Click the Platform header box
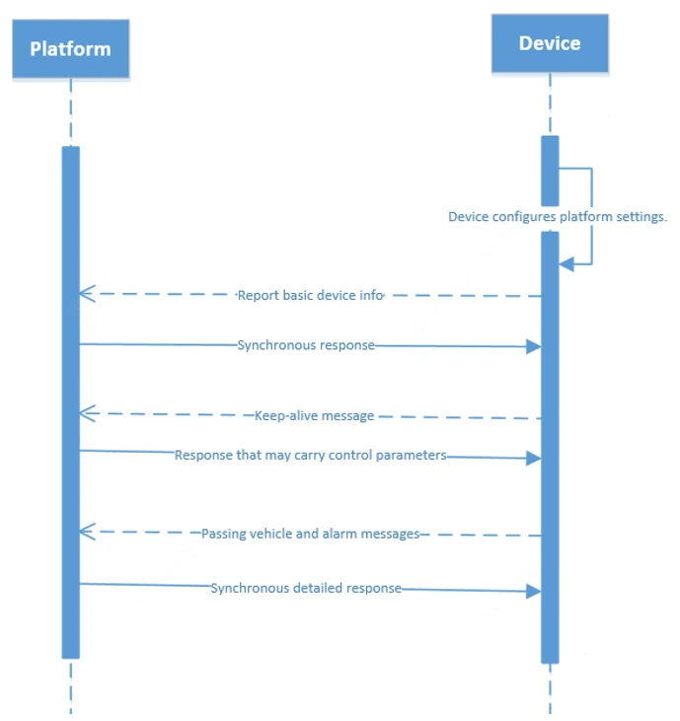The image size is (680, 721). click(70, 49)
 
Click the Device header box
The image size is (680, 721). click(550, 43)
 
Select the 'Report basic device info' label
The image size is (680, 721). click(310, 295)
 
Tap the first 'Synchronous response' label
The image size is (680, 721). click(306, 345)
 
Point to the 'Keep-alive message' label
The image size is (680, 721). click(314, 415)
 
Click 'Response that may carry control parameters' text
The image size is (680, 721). click(311, 455)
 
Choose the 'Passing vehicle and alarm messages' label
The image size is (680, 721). click(311, 534)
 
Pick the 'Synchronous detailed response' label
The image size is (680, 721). click(306, 588)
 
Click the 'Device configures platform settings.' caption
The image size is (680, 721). click(558, 216)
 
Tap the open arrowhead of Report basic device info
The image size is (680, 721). click(85, 293)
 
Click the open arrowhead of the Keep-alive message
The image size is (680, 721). click(85, 411)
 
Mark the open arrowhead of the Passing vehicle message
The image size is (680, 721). click(85, 532)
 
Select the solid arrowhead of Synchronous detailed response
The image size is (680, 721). click(533, 591)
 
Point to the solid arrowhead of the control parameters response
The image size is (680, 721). click(533, 458)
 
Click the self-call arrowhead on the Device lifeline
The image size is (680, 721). click(566, 264)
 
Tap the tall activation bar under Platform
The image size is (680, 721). click(70, 395)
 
